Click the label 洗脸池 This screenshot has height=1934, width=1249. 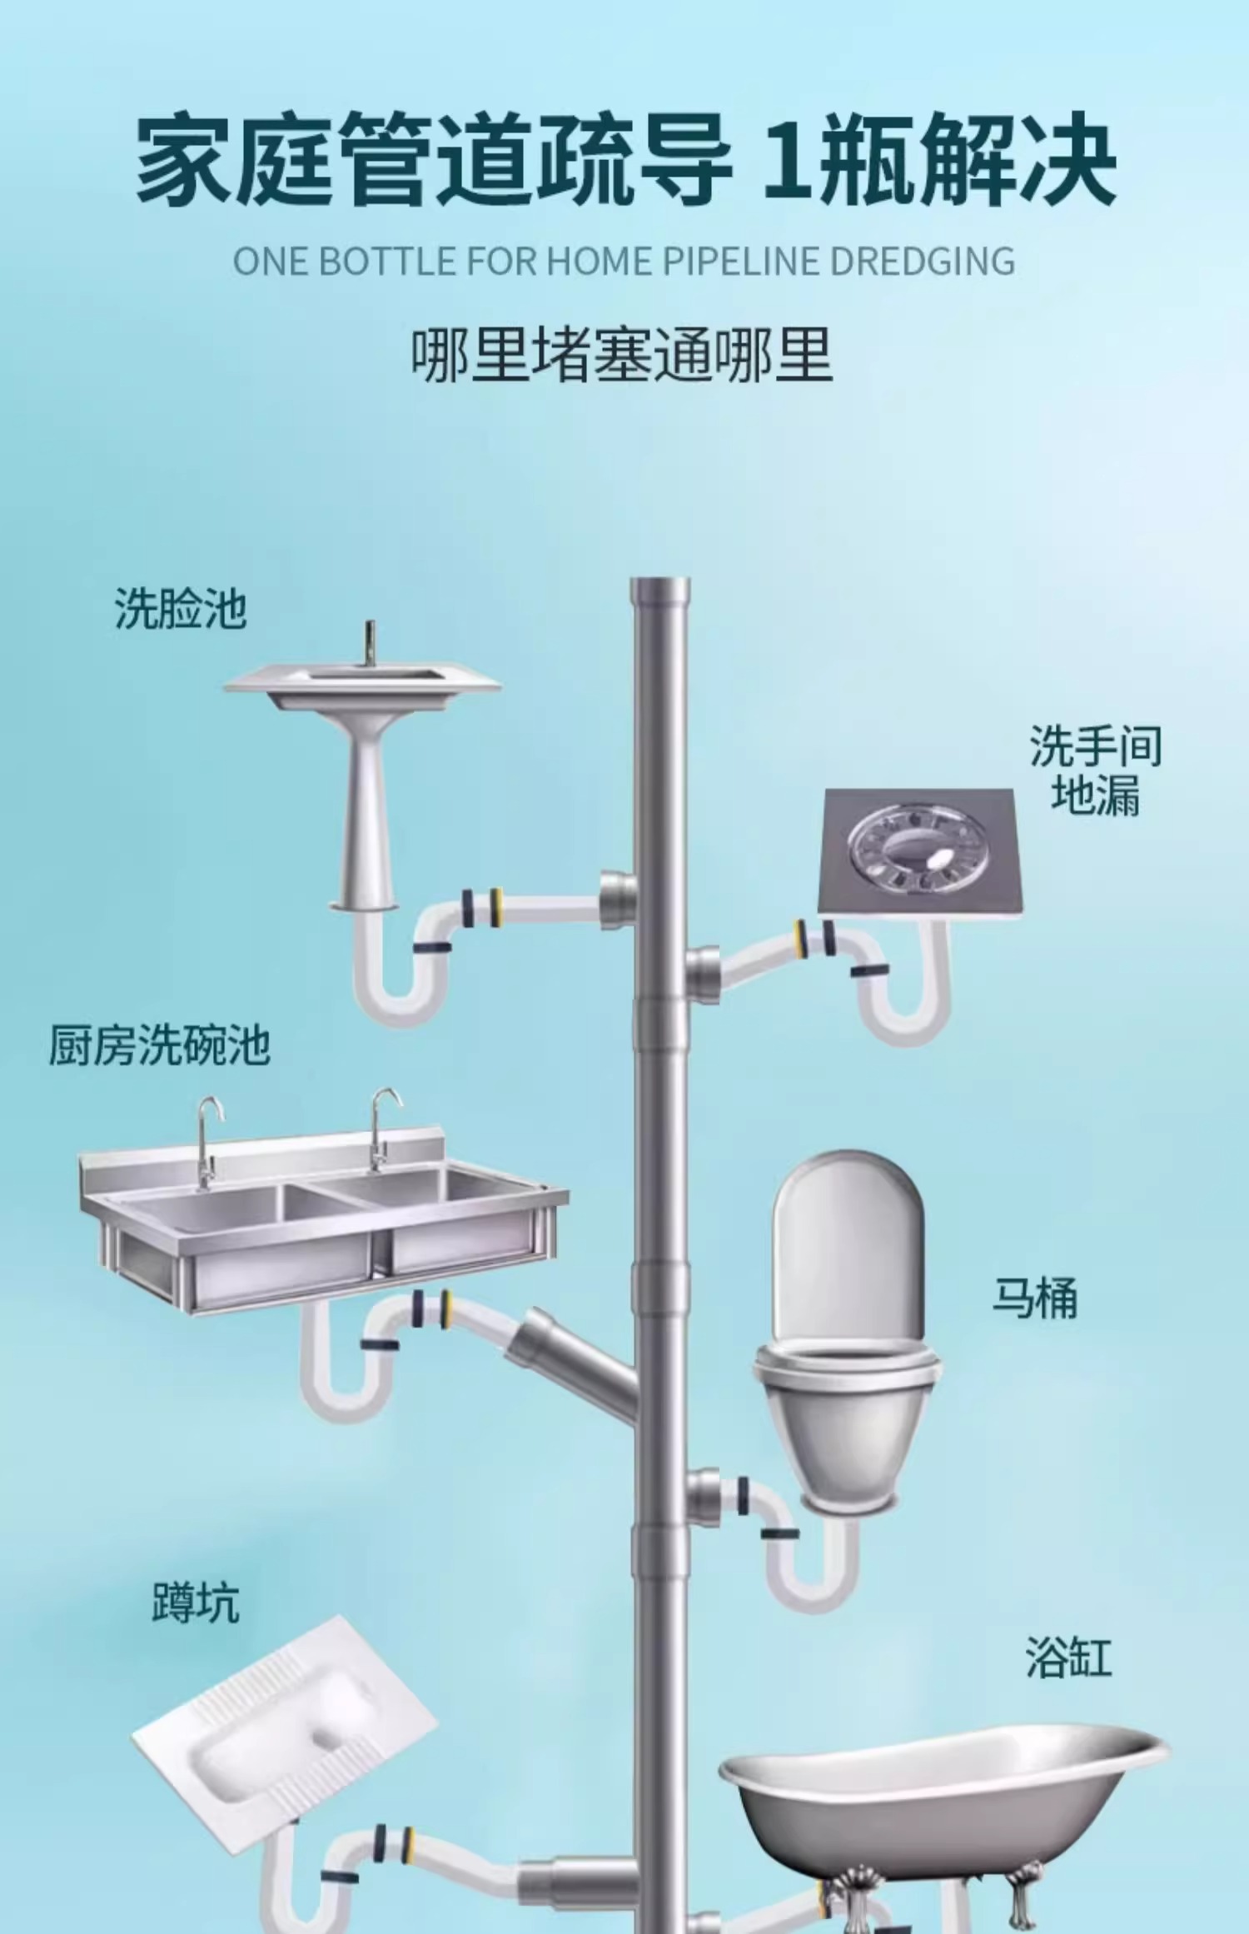(180, 609)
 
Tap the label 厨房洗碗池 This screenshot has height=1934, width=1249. (160, 1045)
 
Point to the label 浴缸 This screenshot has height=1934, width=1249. (1068, 1657)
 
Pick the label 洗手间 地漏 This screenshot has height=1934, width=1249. (1095, 770)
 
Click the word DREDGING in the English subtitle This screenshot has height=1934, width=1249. (923, 262)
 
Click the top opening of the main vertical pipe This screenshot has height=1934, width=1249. (659, 586)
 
